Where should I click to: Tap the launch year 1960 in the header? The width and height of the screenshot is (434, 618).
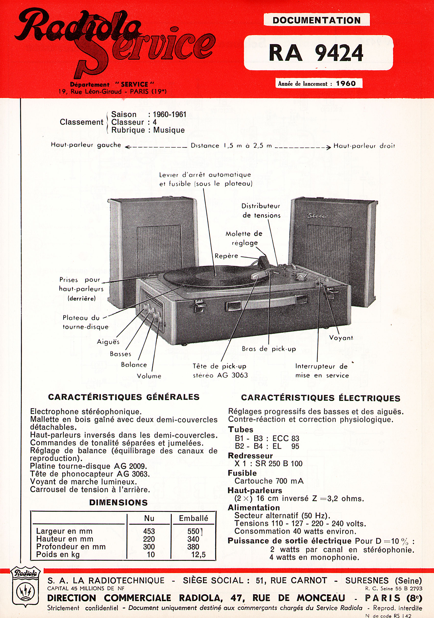pos(346,84)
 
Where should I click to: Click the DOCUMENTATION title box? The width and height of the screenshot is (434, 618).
pos(316,20)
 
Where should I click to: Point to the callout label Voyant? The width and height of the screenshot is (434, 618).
pos(341,338)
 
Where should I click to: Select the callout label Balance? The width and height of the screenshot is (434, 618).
pos(134,365)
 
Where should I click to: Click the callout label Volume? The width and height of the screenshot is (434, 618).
pos(149,376)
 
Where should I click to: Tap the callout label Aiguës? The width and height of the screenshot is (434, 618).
pos(108,342)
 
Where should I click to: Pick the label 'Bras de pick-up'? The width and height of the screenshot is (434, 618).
pos(269,349)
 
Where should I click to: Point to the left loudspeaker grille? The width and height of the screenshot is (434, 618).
pos(159,250)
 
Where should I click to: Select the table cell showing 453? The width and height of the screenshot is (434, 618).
pos(149,531)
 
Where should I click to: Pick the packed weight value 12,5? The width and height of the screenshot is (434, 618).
pos(198,554)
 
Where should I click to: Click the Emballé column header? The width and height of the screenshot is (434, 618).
pos(194,518)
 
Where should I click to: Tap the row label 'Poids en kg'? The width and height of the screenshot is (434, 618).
pos(58,554)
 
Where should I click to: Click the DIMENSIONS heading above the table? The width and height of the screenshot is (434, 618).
pos(118,503)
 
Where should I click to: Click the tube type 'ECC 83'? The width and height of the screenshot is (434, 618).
pos(286,438)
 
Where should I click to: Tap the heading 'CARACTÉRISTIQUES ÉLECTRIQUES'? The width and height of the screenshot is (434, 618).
pos(320,398)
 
